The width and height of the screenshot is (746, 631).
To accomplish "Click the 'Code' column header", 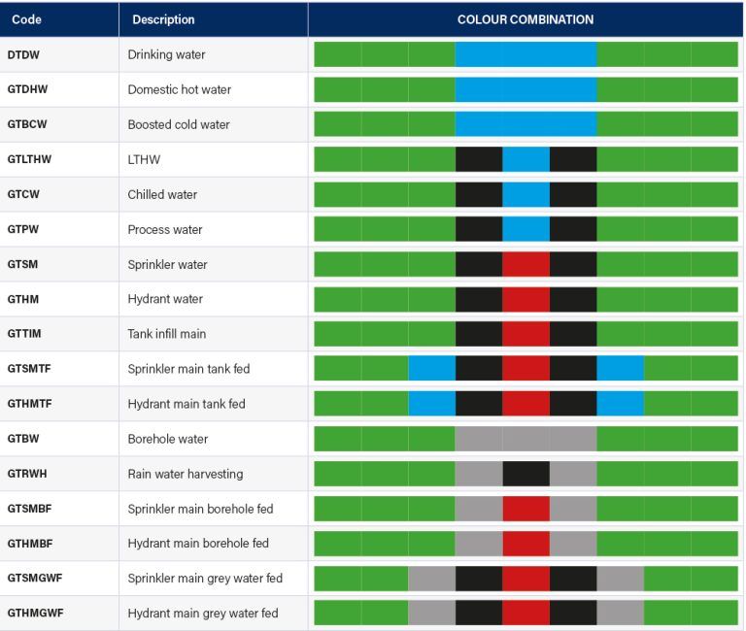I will [x=26, y=19].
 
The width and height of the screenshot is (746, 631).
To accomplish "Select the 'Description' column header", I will [x=163, y=19].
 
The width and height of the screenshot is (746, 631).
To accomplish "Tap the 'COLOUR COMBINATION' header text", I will [x=525, y=19].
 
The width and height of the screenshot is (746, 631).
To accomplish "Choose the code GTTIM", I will [x=24, y=334].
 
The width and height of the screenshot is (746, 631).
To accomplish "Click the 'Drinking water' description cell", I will [x=166, y=54].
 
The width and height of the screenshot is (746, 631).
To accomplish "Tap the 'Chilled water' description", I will [x=162, y=194].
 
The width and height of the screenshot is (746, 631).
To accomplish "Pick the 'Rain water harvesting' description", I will [x=186, y=474].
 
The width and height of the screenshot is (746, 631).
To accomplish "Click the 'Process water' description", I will [x=162, y=229].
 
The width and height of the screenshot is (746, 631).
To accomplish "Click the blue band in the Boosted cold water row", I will [x=526, y=124].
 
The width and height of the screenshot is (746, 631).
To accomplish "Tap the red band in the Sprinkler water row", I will [x=526, y=264].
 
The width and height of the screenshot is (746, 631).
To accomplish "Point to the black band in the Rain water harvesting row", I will [x=526, y=474].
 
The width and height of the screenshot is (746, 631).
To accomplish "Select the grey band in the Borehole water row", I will [x=526, y=439].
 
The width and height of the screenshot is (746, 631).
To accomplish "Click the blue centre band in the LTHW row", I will [x=526, y=159].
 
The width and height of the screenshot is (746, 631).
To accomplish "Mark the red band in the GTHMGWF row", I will [x=526, y=614].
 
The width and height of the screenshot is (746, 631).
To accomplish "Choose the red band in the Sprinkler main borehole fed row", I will [x=526, y=509].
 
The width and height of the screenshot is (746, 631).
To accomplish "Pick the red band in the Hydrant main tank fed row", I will [x=526, y=404].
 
